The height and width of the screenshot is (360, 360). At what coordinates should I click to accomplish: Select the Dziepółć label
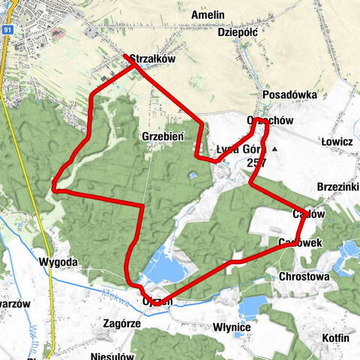(x=238, y=32)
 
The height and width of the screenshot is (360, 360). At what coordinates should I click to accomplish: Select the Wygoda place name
(x=56, y=263)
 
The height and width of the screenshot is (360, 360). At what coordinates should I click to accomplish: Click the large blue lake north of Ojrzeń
(x=169, y=268)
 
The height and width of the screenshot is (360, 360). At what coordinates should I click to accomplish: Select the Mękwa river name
(x=112, y=294)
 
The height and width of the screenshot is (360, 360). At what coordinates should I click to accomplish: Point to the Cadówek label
(x=300, y=242)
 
